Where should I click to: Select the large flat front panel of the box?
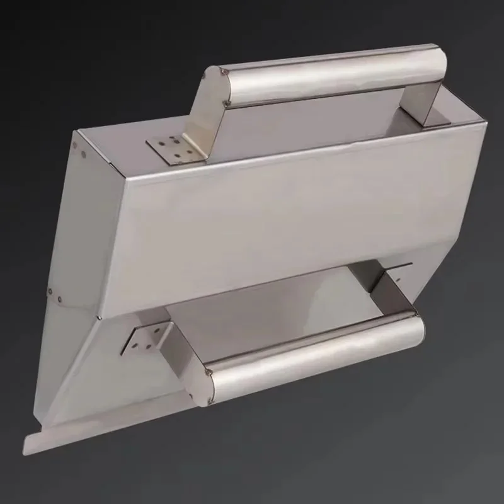pos(283,220)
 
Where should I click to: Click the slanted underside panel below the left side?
pos(82,365)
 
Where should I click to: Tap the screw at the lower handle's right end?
pos(415,310)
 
